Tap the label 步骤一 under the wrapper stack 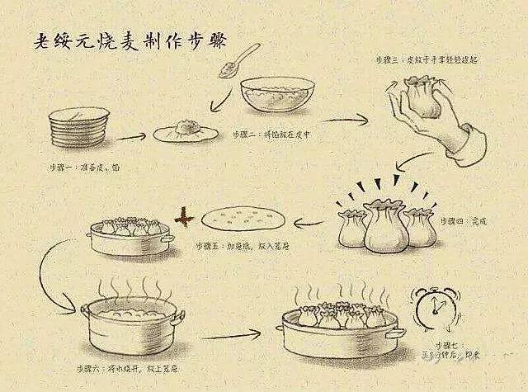[82, 167]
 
